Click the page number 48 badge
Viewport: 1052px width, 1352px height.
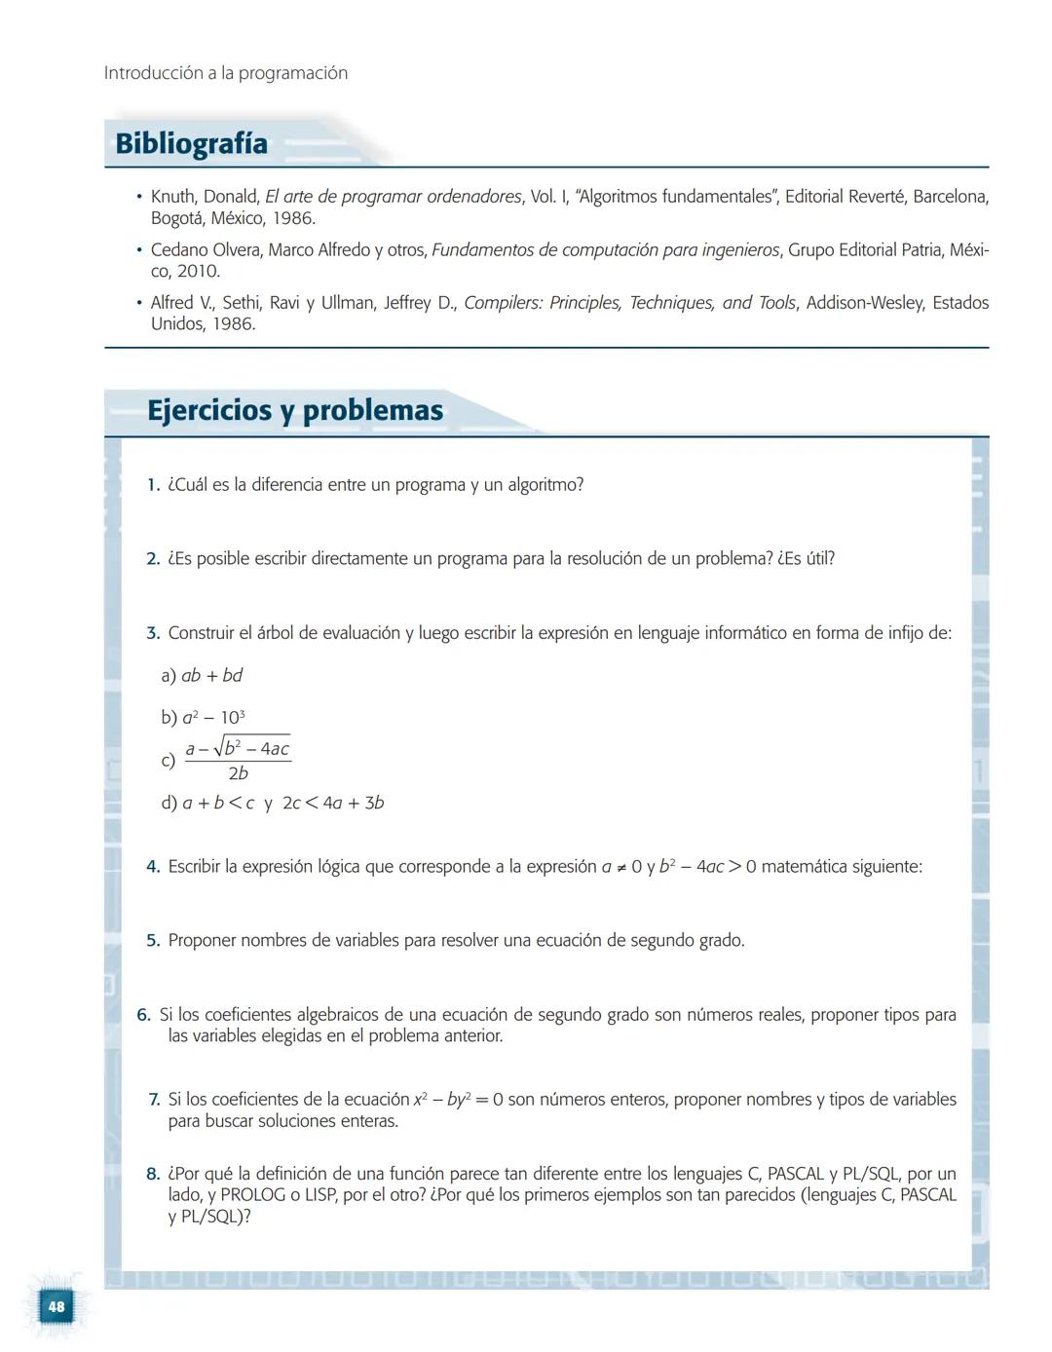click(x=56, y=1306)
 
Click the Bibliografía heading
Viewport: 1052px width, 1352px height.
click(x=191, y=143)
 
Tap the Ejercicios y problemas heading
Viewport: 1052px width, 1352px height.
click(x=295, y=410)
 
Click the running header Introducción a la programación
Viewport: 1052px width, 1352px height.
click(x=226, y=73)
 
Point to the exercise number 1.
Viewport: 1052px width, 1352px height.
click(x=153, y=485)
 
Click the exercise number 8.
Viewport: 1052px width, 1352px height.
click(x=153, y=1174)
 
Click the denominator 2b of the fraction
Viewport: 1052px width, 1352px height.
click(x=238, y=773)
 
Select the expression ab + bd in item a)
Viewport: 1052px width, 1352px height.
click(x=211, y=675)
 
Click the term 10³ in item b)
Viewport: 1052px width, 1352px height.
click(x=233, y=718)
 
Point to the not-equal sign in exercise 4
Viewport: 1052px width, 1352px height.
click(x=620, y=867)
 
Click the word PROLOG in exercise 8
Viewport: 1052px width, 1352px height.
click(x=252, y=1195)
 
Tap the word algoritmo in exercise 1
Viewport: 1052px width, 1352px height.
click(x=545, y=485)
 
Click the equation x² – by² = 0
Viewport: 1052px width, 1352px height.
click(x=458, y=1100)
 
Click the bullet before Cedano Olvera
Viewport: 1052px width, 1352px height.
click(x=139, y=250)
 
